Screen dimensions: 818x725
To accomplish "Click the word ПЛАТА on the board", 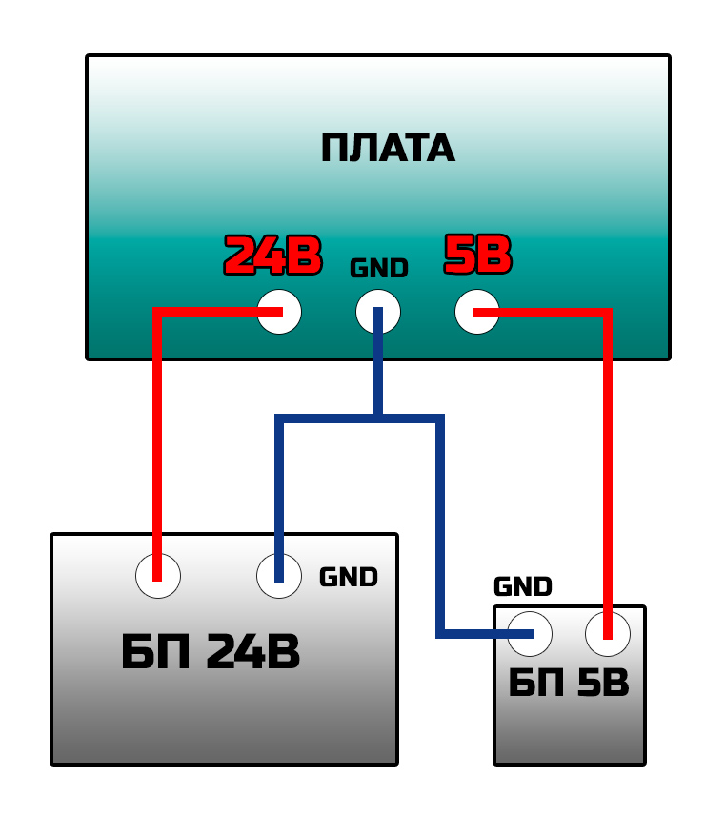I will click(387, 149).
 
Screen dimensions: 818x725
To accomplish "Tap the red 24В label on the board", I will click(272, 256).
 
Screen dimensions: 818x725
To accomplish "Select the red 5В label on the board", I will click(477, 255).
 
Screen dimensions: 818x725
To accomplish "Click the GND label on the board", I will click(378, 269).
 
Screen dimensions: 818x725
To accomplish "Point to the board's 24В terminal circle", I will click(279, 312).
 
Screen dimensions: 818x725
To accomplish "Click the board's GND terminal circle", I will click(378, 312).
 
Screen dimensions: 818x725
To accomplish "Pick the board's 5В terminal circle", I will click(477, 312).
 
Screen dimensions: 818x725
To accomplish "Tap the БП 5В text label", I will click(568, 684).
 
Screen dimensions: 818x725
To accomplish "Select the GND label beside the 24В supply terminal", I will click(348, 577).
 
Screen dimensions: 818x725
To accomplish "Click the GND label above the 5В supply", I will click(522, 586).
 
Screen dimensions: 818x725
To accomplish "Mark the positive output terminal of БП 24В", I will click(157, 576).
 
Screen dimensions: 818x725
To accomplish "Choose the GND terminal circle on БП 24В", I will click(279, 576).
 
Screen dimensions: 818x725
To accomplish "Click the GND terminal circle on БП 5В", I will click(530, 633).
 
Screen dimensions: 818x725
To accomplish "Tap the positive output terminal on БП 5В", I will click(608, 633).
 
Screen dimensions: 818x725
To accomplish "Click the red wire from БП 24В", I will click(157, 429).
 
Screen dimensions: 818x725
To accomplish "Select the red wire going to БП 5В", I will click(608, 458).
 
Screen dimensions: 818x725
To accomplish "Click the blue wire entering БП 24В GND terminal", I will click(279, 496).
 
